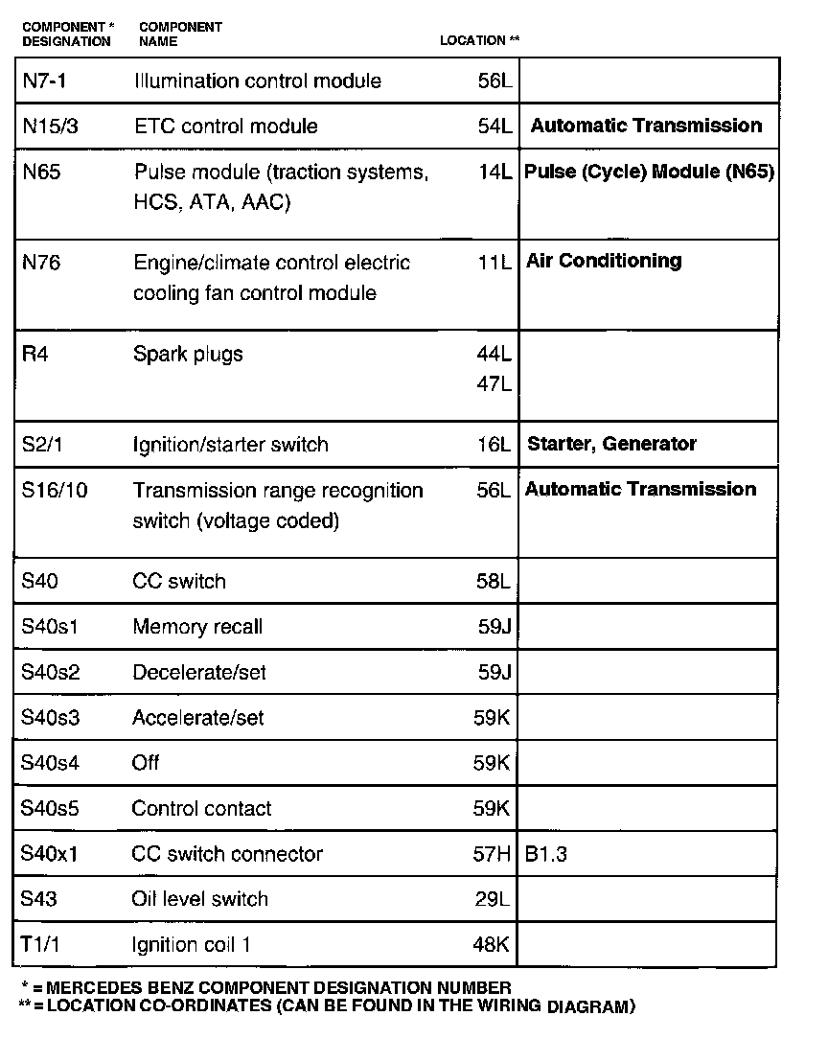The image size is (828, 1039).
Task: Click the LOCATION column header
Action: coord(479,41)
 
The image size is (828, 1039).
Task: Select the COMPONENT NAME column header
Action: coord(180,35)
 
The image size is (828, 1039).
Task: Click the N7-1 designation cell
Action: coord(44,81)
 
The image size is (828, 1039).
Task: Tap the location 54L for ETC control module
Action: coord(494,127)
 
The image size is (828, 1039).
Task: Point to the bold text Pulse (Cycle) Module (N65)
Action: coord(649,173)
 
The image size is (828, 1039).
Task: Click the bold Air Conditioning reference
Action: coord(604,261)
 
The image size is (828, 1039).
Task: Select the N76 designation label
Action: coord(40,263)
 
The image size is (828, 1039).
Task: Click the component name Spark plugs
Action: coord(188,355)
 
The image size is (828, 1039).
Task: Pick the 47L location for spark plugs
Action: coord(494,384)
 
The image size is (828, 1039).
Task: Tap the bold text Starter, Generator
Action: coord(611,444)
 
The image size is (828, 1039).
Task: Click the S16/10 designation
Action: coord(54,491)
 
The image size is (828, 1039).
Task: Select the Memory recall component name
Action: coord(197,627)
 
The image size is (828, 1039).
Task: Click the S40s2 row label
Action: coord(50,672)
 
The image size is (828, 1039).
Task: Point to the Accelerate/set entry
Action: coord(198,718)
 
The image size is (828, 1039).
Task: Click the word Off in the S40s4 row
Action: coord(146,763)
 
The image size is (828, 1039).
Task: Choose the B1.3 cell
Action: coord(546,854)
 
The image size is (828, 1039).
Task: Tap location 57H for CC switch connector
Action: coord(493,854)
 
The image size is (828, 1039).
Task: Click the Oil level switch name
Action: coord(200,899)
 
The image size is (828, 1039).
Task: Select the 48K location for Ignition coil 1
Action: coord(492,944)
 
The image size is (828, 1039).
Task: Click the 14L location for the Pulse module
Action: coord(494,173)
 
